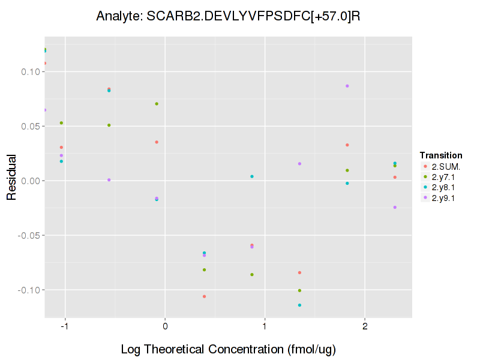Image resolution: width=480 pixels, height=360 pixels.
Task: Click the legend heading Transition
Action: point(441,155)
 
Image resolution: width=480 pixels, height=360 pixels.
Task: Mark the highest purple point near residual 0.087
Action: point(347,86)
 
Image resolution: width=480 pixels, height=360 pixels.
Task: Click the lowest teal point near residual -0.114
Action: point(299,305)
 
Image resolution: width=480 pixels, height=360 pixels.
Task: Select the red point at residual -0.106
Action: point(205,296)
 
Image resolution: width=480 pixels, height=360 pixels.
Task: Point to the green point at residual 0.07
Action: point(157,104)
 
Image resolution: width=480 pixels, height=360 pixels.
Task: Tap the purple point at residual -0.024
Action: point(395,207)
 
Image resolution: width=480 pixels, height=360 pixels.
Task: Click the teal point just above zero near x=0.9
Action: point(252,176)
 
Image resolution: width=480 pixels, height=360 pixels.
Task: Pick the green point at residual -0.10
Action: point(299,290)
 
